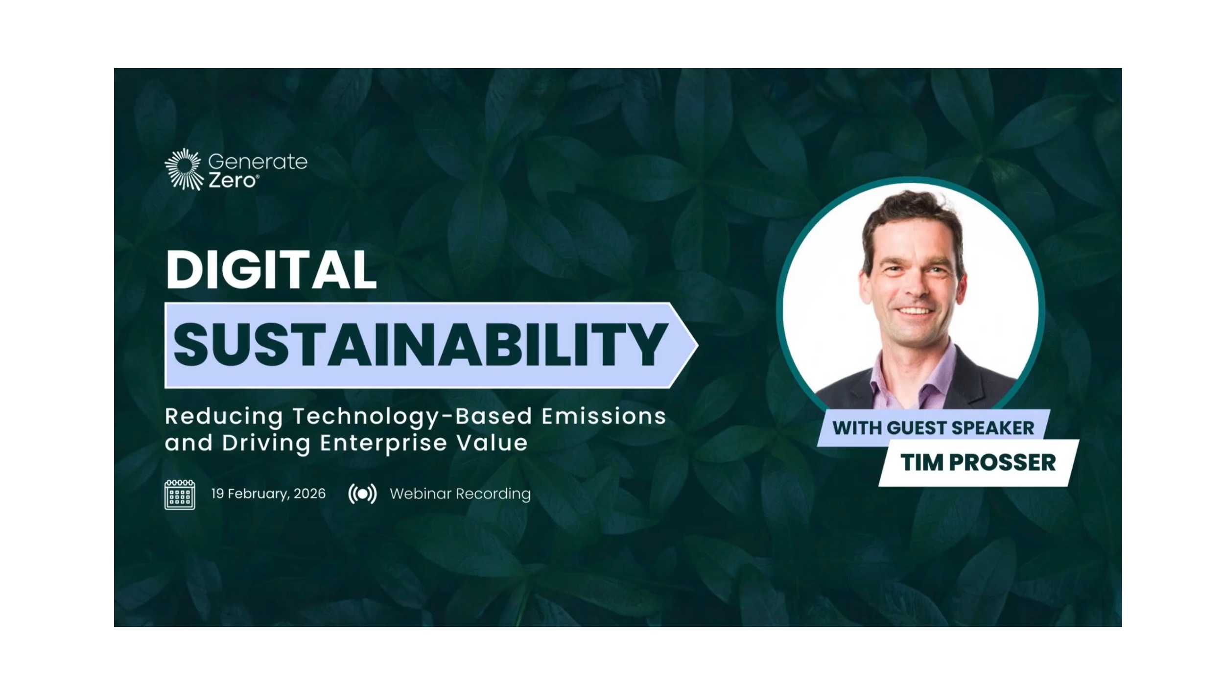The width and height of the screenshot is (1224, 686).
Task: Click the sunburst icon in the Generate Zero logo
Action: click(x=184, y=169)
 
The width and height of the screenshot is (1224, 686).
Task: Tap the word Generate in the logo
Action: click(x=258, y=162)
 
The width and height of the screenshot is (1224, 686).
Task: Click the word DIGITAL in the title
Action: click(x=271, y=270)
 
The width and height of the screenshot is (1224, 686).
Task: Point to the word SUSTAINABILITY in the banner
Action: click(x=420, y=345)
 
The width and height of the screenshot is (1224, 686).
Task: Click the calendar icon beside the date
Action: click(x=180, y=495)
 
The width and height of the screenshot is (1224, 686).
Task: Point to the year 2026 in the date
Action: click(x=309, y=494)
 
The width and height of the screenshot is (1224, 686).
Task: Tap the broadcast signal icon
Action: click(x=362, y=494)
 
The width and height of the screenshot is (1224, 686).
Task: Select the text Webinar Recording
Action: click(x=460, y=494)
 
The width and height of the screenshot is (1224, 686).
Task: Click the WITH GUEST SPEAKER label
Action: click(x=933, y=428)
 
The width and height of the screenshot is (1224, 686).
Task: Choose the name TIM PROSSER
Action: click(x=978, y=463)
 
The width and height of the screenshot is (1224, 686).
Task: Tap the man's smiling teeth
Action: click(x=916, y=310)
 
